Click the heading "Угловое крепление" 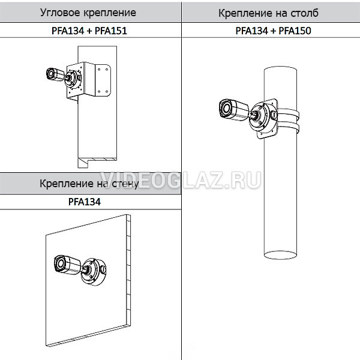pos(88,13)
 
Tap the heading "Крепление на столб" pos(268,13)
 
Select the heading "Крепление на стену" pos(89,184)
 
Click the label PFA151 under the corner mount pos(110,31)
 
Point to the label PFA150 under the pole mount pos(295,31)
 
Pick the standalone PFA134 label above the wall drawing pos(85,202)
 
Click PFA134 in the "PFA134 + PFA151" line pos(68,31)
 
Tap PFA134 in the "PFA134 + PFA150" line pos(252,31)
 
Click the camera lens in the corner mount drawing pos(51,74)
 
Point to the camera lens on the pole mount pos(226,109)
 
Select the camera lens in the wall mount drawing pos(60,263)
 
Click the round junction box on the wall pos(94,272)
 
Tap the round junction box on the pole pos(263,118)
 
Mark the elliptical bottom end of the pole pos(280,255)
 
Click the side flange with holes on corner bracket pos(103,80)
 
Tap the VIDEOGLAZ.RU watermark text pos(181,181)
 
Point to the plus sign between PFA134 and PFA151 pos(89,31)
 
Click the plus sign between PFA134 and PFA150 pos(274,31)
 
